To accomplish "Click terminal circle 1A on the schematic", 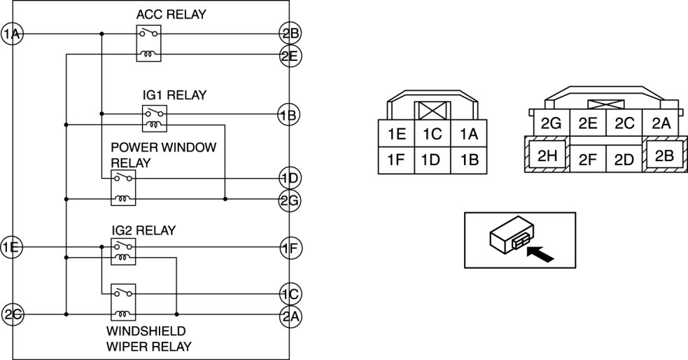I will click(12, 34).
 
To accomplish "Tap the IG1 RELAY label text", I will click(174, 95).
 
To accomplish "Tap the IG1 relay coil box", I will click(155, 124).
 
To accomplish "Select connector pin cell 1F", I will click(395, 160).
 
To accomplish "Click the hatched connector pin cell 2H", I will click(547, 155).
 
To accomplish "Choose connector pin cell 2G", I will click(551, 123).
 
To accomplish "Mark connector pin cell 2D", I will click(624, 159).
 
